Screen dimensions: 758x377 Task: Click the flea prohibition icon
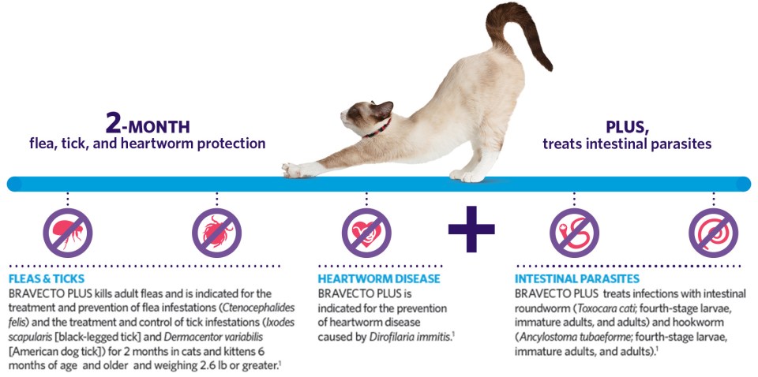68,233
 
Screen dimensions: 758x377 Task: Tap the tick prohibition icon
216,233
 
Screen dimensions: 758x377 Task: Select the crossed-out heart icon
366,233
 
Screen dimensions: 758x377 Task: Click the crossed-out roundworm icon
574,233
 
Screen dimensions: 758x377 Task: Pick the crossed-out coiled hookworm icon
714,233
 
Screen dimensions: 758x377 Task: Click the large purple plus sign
471,230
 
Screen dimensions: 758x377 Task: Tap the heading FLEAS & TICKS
47,279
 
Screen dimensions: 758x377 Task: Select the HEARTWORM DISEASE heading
379,279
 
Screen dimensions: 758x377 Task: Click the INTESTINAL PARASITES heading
576,279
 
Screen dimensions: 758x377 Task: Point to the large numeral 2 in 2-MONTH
113,124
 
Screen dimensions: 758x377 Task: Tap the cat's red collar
377,129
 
